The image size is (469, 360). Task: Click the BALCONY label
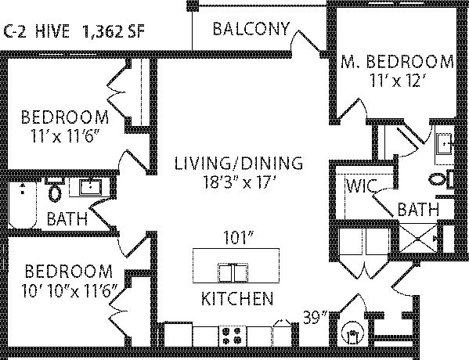[x=251, y=29]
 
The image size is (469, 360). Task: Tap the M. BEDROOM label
[x=397, y=61]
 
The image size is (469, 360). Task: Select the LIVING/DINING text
[x=238, y=164]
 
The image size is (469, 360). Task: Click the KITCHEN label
[x=237, y=298]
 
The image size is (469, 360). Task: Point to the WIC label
[x=360, y=186]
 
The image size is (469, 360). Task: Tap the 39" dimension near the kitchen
[x=316, y=317]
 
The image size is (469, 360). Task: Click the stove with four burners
[x=233, y=336]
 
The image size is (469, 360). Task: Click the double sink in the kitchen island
[x=233, y=272]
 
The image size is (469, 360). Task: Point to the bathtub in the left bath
[x=23, y=204]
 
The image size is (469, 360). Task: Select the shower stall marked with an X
[x=418, y=239]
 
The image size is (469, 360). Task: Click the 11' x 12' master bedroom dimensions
[x=396, y=80]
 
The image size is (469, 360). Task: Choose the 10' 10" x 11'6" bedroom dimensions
[x=68, y=290]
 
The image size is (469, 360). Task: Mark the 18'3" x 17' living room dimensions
[x=239, y=182]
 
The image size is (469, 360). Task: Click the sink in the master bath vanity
[x=444, y=143]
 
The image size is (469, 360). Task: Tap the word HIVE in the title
[x=52, y=31]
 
